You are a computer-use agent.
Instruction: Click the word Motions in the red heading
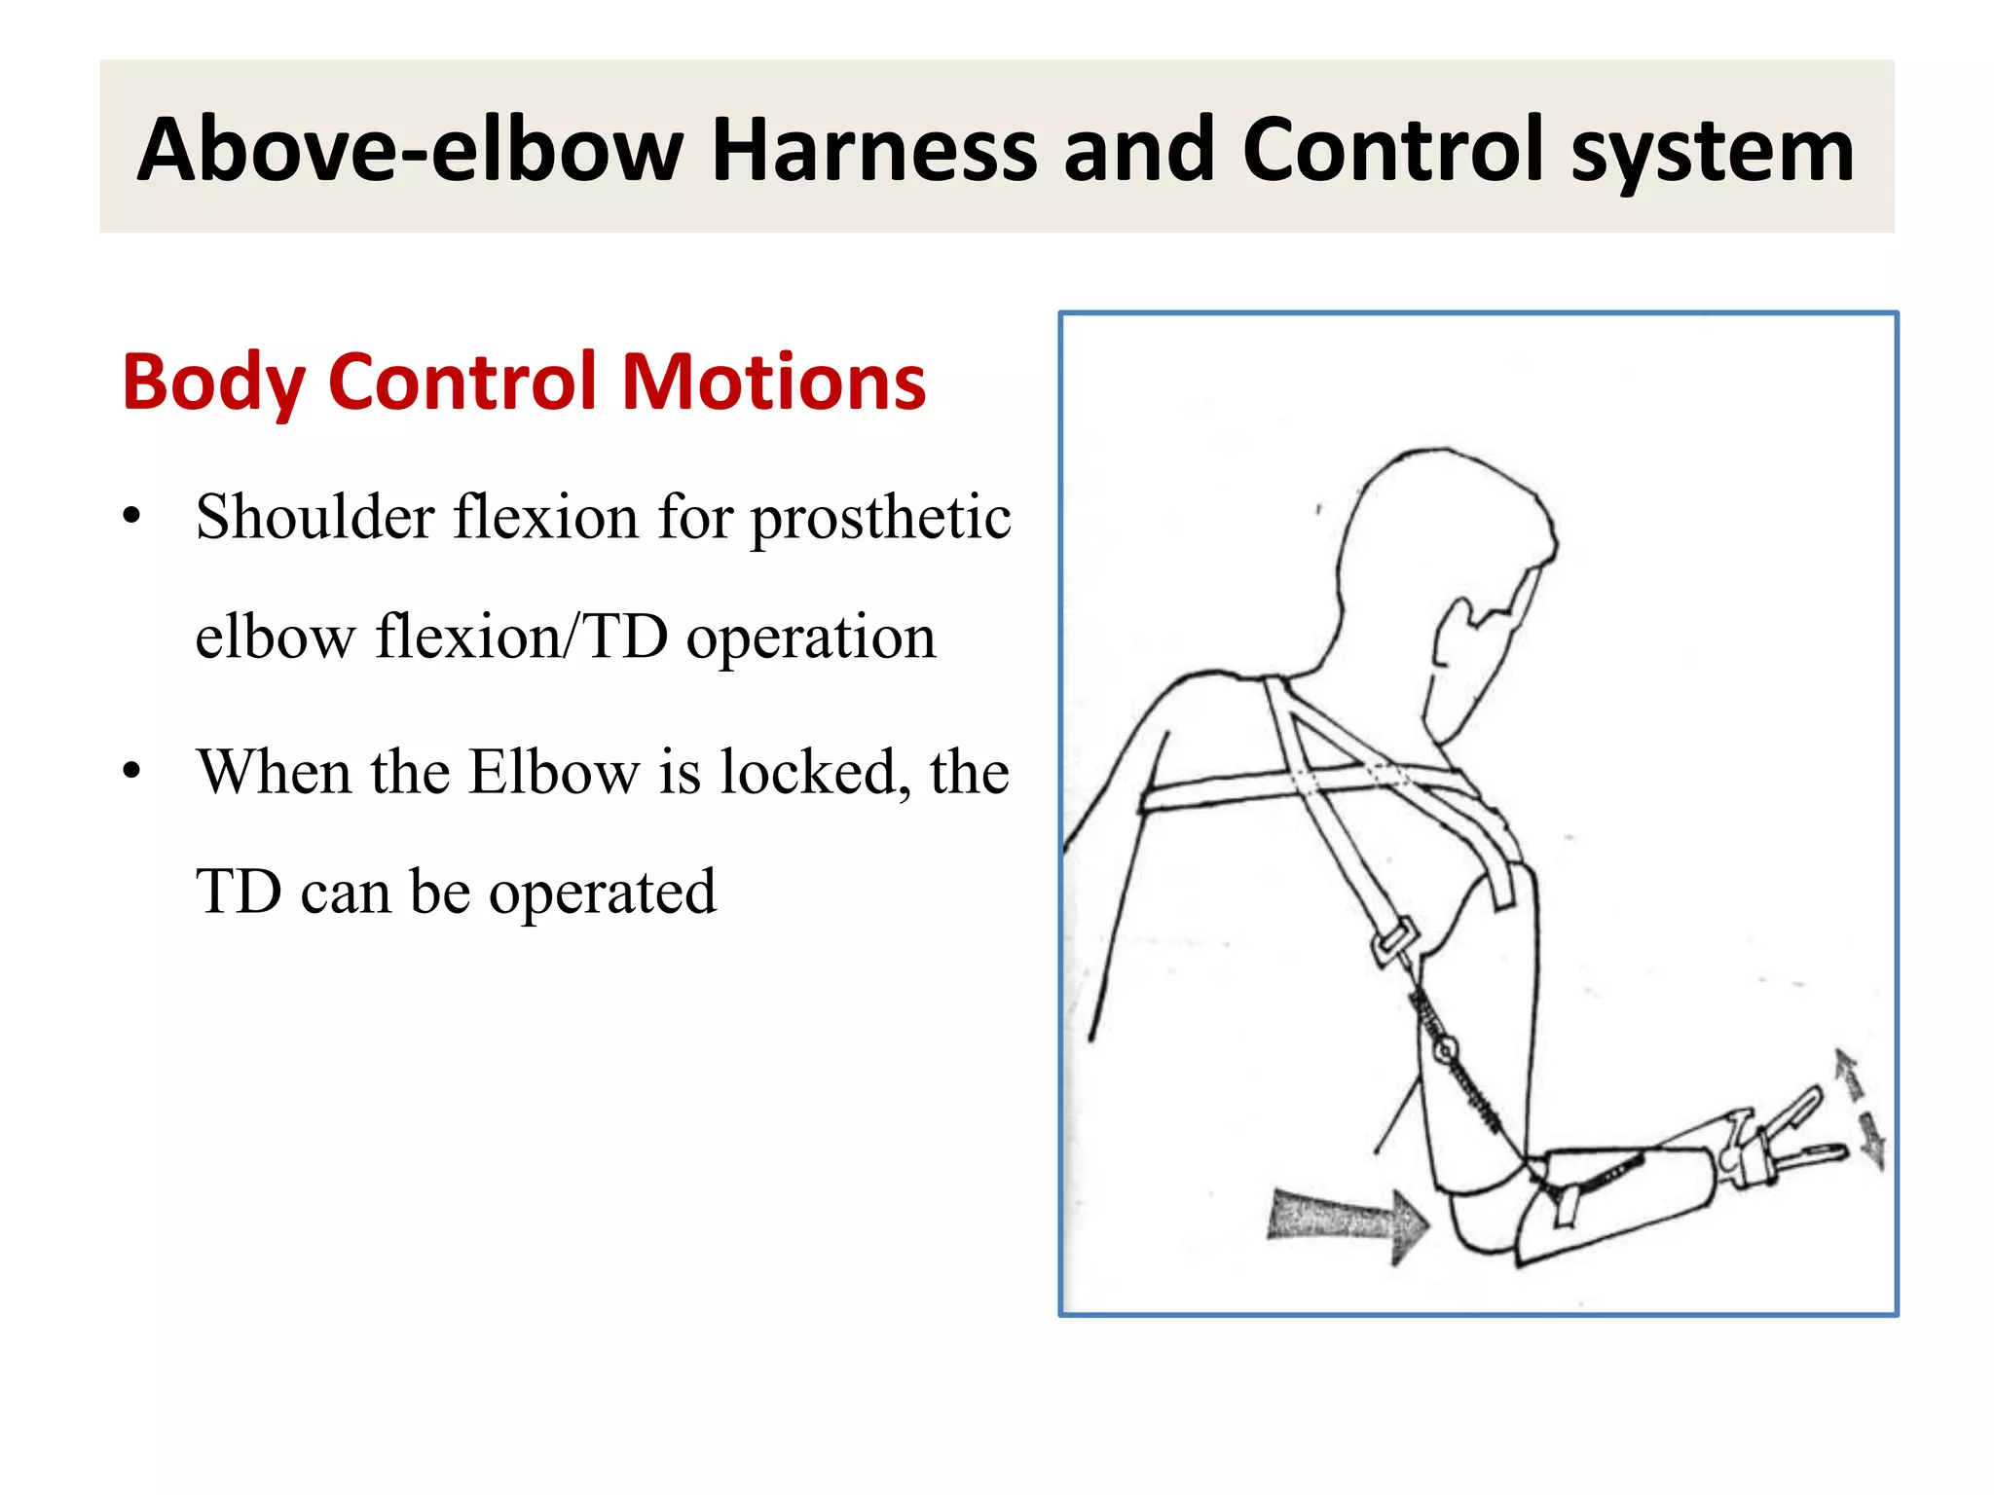click(x=773, y=382)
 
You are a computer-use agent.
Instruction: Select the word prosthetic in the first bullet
click(x=880, y=520)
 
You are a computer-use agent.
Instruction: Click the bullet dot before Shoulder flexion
click(x=132, y=517)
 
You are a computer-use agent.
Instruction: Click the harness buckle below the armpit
click(x=1393, y=940)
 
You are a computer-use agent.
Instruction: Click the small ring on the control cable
click(x=1446, y=1050)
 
